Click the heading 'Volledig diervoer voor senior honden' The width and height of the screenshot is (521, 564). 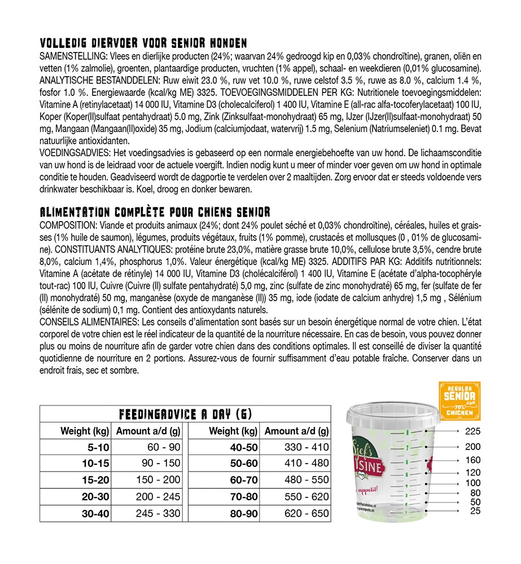tap(143, 43)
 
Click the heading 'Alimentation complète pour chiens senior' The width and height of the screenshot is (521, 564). tap(155, 212)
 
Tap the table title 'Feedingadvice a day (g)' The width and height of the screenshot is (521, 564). tap(185, 415)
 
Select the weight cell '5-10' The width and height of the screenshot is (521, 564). tap(97, 447)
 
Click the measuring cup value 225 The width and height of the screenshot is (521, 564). tap(472, 432)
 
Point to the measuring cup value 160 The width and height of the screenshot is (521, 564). tap(472, 460)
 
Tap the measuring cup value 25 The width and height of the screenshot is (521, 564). tap(475, 511)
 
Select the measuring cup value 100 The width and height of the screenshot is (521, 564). tap(472, 483)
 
